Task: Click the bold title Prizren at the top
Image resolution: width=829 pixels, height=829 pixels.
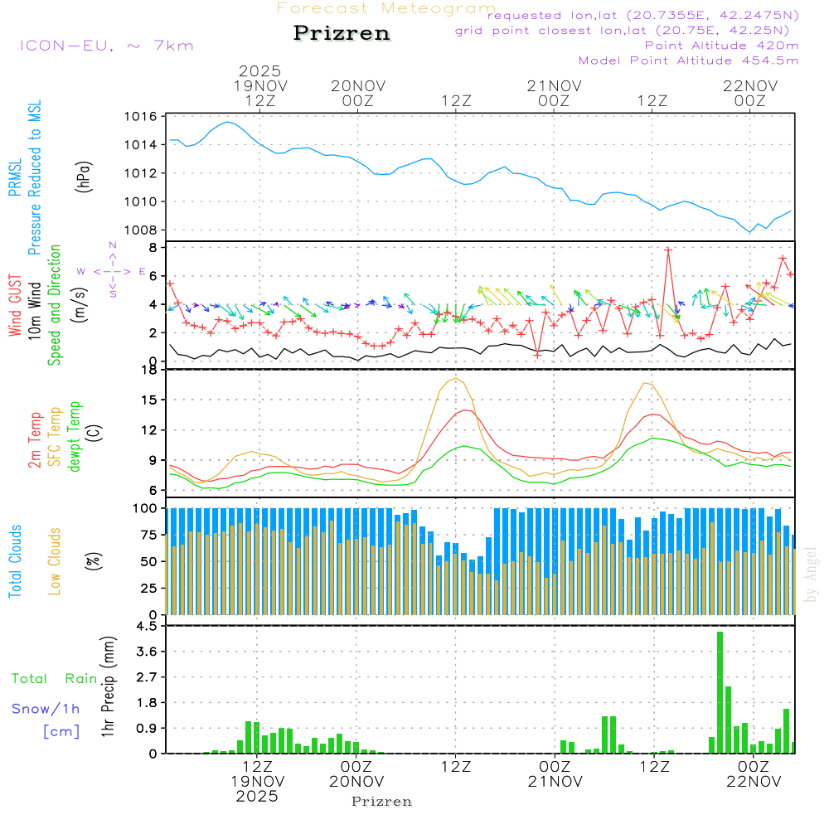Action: [342, 34]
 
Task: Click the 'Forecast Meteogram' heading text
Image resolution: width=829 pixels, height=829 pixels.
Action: [386, 8]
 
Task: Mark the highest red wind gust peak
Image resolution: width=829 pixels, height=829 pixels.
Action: [668, 249]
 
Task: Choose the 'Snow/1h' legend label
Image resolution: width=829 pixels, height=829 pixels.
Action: [46, 709]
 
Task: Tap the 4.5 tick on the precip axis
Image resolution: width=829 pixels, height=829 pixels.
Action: [146, 626]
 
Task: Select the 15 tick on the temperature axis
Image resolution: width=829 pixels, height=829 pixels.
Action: [148, 400]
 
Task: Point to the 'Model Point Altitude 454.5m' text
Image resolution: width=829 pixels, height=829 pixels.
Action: [688, 61]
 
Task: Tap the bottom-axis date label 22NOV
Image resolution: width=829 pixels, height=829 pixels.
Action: [751, 781]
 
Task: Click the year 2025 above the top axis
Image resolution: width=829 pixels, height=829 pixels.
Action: [259, 70]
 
